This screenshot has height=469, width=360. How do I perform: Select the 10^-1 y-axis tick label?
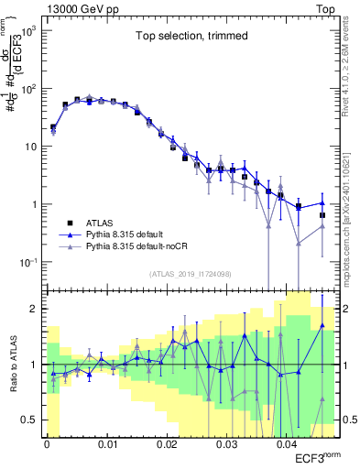point(27,263)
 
